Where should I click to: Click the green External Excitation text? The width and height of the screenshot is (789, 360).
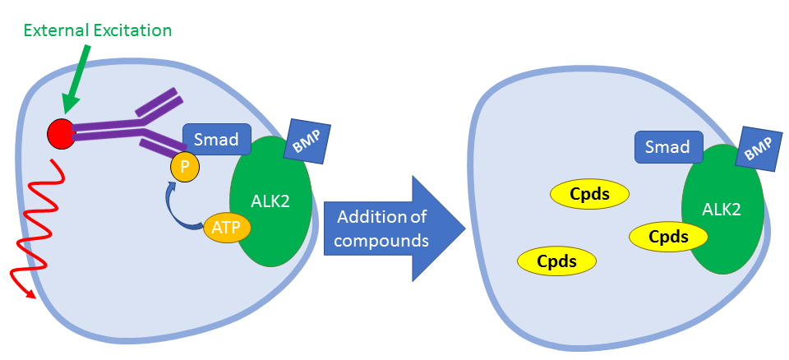[x=97, y=30]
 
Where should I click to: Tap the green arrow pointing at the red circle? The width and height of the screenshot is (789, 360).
[x=81, y=79]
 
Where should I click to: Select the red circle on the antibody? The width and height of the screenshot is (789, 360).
[x=62, y=134]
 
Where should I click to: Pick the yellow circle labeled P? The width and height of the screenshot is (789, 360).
[x=185, y=167]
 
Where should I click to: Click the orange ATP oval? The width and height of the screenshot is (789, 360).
[x=225, y=228]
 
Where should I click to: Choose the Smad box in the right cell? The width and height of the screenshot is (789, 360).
[x=668, y=146]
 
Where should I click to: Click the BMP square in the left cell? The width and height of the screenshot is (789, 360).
[x=307, y=141]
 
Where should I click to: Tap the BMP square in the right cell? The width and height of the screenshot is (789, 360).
[x=757, y=149]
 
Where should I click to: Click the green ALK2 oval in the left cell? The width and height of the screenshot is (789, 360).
[x=270, y=201]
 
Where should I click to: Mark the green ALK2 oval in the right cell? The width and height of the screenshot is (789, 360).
[x=722, y=209]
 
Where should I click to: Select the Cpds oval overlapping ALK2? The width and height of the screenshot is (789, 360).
[x=668, y=237]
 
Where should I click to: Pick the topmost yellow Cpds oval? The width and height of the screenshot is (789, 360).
[x=589, y=194]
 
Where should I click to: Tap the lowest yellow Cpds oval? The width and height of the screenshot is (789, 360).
[x=556, y=261]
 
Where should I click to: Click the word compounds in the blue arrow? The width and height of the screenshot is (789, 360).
[x=381, y=241]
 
